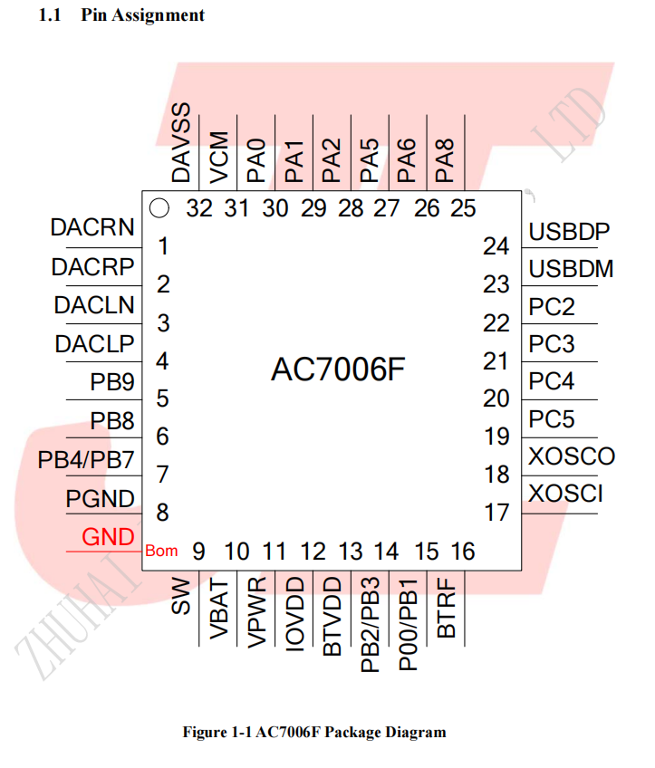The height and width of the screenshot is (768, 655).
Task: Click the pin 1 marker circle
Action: [x=159, y=207]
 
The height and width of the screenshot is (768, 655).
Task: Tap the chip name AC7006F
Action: [x=338, y=370]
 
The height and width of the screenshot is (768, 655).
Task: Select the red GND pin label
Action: [x=108, y=537]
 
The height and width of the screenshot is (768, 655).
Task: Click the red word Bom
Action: [x=161, y=551]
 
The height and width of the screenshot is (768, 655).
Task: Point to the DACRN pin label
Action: [x=92, y=227]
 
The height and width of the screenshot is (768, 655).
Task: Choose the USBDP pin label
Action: [x=569, y=231]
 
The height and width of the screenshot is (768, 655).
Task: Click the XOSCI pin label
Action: [x=565, y=494]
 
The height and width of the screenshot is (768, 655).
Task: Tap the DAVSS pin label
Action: [x=181, y=142]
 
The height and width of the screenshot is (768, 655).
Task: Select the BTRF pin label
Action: [x=447, y=608]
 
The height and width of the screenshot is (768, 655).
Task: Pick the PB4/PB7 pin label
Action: [x=86, y=460]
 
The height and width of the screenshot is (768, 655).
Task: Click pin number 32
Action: [x=199, y=208]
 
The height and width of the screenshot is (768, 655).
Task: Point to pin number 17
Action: [x=496, y=513]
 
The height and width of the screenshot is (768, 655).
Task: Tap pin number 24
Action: [x=496, y=245]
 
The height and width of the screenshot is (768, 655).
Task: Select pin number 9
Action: [x=198, y=552]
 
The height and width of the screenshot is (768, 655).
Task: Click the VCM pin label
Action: [x=219, y=158]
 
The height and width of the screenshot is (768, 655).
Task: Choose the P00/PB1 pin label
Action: [x=408, y=625]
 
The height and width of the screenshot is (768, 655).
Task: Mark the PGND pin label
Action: [x=100, y=499]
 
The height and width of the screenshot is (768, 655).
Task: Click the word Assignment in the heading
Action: [x=159, y=15]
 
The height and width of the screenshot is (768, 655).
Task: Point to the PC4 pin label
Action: [x=551, y=381]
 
